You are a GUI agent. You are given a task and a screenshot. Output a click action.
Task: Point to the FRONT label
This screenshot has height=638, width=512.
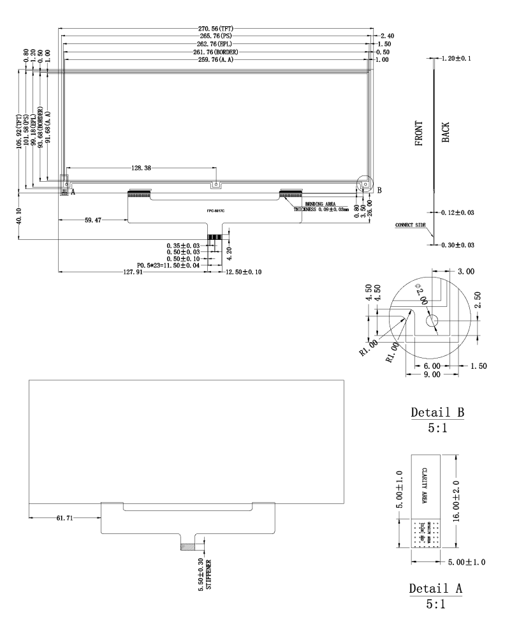[420, 134]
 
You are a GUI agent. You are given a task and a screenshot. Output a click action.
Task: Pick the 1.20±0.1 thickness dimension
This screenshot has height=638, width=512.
[457, 59]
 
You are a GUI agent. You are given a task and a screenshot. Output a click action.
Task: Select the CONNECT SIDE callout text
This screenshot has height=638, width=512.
[410, 225]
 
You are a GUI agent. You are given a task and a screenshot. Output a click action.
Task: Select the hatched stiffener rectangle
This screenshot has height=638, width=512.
[189, 547]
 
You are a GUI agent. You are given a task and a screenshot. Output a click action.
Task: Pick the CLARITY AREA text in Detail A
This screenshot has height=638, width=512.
[425, 486]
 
